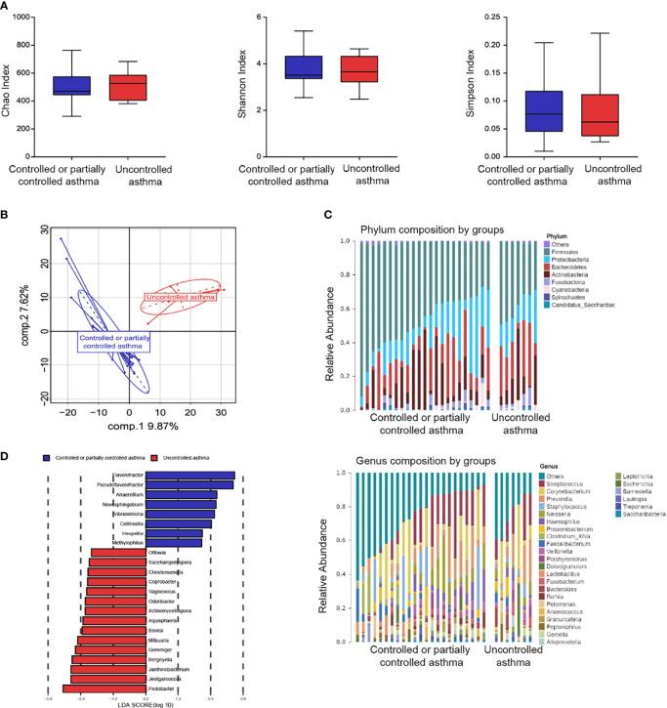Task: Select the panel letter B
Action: [8, 208]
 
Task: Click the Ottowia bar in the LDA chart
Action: [118, 553]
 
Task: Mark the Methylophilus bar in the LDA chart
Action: [174, 543]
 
